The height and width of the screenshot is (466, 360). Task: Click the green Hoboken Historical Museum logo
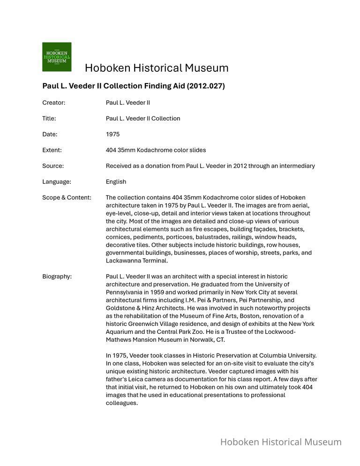click(57, 57)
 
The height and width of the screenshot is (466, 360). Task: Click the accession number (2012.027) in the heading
click(207, 86)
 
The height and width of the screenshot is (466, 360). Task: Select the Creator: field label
click(53, 103)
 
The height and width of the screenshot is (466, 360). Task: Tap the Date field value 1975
click(112, 135)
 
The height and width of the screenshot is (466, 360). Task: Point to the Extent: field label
click(52, 150)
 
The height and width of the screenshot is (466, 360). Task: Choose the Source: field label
click(53, 166)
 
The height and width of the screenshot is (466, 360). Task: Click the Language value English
click(116, 182)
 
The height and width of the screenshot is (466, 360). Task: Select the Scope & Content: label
click(67, 198)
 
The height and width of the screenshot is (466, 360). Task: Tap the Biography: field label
click(57, 277)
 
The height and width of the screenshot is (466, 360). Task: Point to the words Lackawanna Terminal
click(136, 261)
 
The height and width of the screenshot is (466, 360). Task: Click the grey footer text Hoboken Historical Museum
click(281, 442)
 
